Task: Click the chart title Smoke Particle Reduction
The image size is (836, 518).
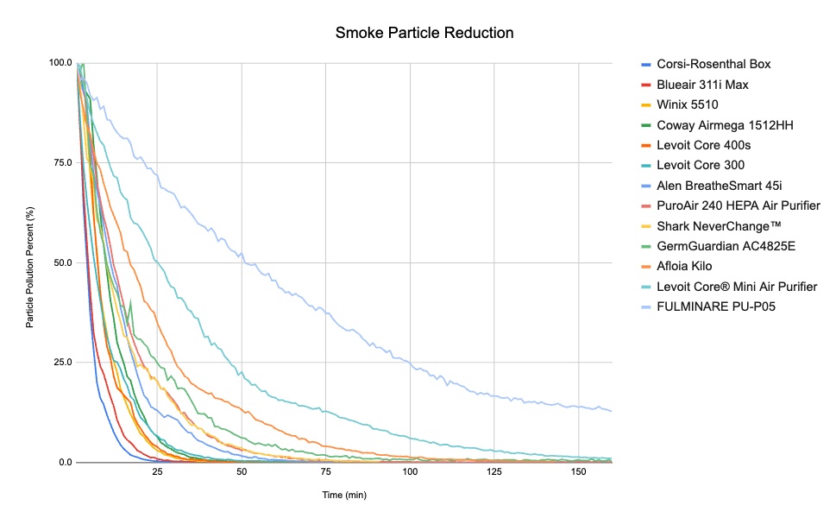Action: click(424, 34)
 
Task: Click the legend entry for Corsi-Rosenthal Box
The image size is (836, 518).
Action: click(713, 64)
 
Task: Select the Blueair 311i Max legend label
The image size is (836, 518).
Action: click(702, 85)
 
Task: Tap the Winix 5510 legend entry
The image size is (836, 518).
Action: click(688, 104)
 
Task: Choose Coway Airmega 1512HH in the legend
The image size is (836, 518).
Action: click(725, 125)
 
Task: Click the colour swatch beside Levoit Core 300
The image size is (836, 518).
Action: click(645, 166)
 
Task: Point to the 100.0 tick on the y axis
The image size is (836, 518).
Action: click(61, 63)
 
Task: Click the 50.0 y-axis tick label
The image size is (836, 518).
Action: click(64, 262)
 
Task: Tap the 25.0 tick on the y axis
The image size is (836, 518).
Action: click(64, 363)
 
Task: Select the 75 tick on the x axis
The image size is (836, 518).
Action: click(325, 473)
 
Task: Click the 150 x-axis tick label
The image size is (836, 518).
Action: click(578, 473)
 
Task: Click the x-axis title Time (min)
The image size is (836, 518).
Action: click(345, 495)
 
